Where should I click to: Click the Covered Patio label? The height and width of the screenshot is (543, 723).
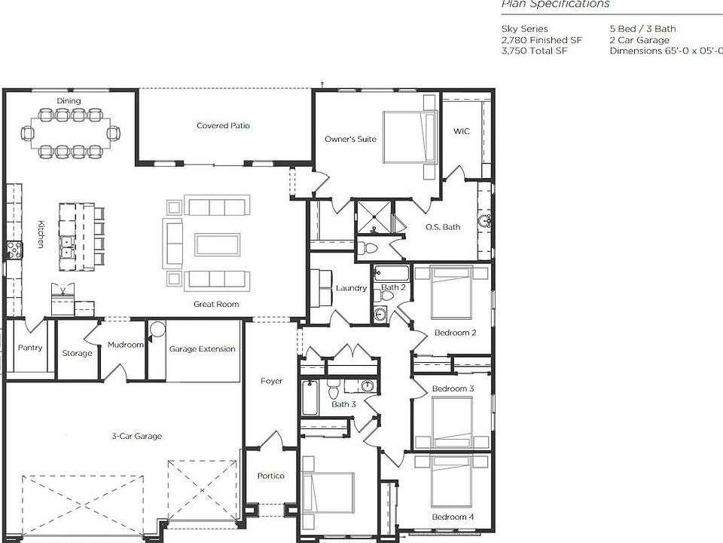click(x=223, y=125)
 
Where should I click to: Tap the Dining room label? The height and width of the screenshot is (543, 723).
click(x=69, y=101)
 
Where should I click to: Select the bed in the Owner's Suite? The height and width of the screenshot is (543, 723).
click(x=410, y=137)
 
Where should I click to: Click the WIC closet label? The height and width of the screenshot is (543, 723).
click(x=461, y=131)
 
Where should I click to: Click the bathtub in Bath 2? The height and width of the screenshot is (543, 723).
click(x=392, y=273)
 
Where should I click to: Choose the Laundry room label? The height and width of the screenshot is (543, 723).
click(x=351, y=288)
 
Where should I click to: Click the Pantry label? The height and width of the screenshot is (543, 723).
click(x=30, y=348)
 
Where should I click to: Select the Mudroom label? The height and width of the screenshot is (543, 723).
click(x=125, y=345)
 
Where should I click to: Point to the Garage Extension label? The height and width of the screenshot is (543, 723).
click(x=202, y=349)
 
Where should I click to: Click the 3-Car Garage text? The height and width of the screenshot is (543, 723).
click(x=136, y=436)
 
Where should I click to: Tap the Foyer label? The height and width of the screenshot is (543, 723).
click(x=271, y=381)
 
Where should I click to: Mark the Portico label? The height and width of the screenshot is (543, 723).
click(x=270, y=476)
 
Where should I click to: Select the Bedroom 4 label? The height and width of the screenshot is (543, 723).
click(x=453, y=517)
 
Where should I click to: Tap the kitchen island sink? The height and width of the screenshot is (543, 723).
click(x=66, y=243)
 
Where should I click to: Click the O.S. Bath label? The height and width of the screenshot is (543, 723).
click(x=442, y=227)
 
